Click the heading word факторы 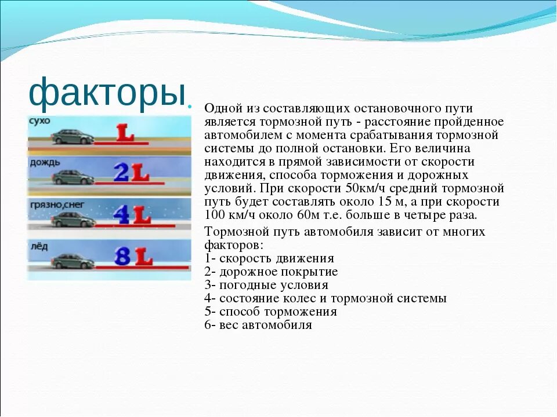point(107,93)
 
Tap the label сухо point(39,120)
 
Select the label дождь point(45,163)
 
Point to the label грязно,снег point(57,204)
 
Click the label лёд point(39,246)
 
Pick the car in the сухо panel point(73,137)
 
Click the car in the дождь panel point(73,177)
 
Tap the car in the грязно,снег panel point(73,220)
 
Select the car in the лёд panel point(73,261)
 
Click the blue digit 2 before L point(122,173)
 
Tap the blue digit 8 point(122,257)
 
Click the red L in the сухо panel point(125,133)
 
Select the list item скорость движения point(277,258)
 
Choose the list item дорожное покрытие point(278,272)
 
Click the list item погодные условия point(274,285)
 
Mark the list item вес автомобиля point(266,325)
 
